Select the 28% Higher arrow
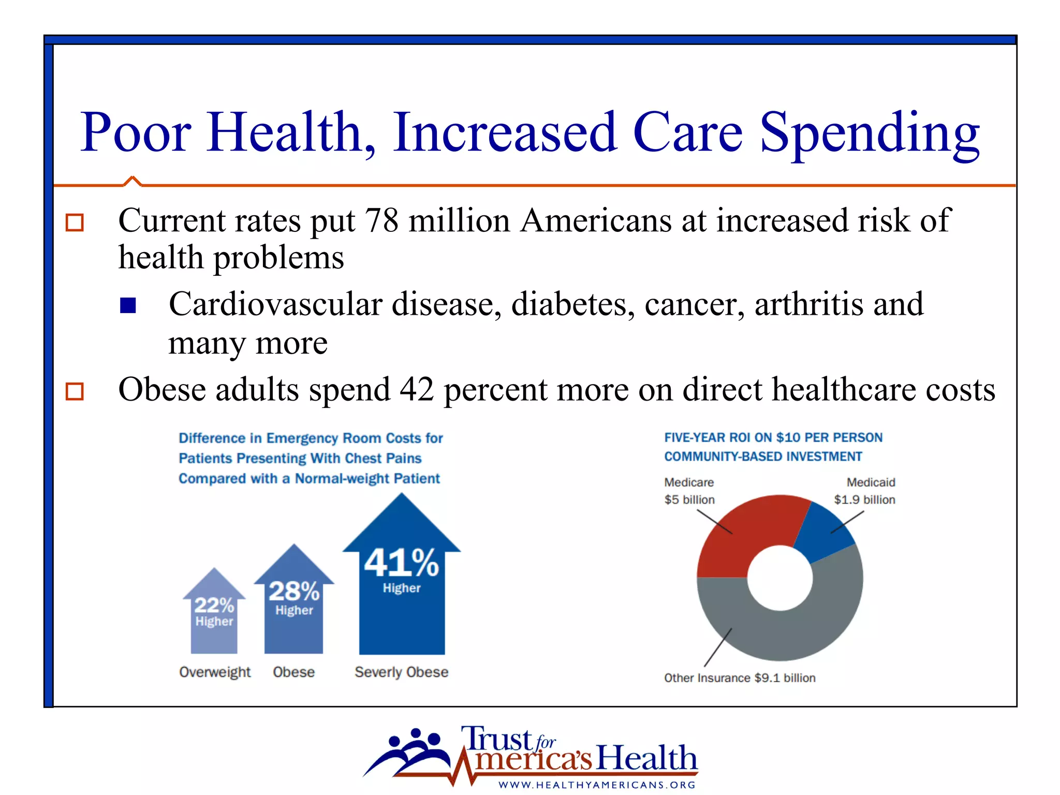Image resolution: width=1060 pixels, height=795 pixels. [294, 606]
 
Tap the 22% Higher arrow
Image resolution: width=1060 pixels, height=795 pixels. [214, 616]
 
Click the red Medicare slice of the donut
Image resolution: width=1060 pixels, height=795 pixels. [740, 538]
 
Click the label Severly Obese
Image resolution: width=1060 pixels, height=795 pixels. [401, 672]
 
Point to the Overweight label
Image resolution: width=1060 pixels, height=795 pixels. [215, 672]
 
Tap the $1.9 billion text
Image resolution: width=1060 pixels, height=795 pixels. [864, 499]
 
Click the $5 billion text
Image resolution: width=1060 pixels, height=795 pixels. [689, 499]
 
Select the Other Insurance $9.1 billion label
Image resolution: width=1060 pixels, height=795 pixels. [740, 678]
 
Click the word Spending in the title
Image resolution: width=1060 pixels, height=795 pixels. [870, 134]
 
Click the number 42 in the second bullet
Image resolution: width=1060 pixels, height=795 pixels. [417, 390]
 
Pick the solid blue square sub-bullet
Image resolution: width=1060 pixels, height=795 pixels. [128, 305]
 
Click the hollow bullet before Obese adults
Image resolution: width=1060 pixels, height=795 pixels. [75, 391]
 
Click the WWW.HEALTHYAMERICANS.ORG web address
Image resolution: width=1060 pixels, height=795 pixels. [597, 785]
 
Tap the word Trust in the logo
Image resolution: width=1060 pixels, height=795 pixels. [497, 739]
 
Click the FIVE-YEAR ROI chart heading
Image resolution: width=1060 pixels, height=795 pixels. [773, 447]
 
